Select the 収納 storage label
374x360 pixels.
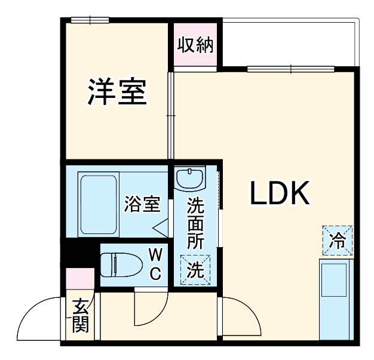point(195,45)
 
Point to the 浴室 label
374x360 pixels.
point(142,204)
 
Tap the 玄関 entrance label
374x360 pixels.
point(81,316)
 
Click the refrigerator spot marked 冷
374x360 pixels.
point(338,241)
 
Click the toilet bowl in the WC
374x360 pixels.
point(119,263)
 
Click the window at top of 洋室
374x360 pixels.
point(89,20)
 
